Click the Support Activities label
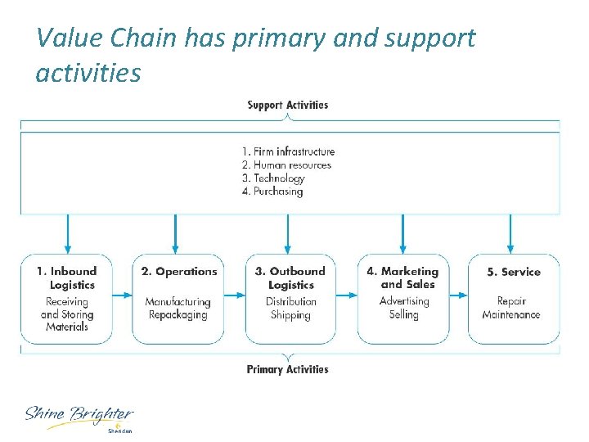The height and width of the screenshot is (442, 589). (x=287, y=105)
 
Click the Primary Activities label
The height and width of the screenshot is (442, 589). (x=287, y=369)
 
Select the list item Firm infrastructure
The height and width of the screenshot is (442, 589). (x=288, y=151)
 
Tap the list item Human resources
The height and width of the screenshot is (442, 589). (x=286, y=165)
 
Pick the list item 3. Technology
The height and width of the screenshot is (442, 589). (x=273, y=178)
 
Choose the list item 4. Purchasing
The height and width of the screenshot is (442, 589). (x=272, y=192)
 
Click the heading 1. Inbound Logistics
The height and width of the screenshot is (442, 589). (x=66, y=277)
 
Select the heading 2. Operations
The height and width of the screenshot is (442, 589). (x=179, y=271)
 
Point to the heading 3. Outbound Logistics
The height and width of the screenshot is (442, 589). (x=290, y=277)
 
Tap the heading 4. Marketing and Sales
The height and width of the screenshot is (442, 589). (x=402, y=277)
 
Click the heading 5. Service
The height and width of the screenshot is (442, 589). (x=514, y=272)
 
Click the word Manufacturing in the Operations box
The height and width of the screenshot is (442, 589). (x=178, y=302)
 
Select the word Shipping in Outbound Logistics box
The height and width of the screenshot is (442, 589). (x=290, y=315)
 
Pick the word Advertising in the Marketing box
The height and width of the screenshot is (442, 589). (x=404, y=301)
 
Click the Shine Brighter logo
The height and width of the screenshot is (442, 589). (x=79, y=417)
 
